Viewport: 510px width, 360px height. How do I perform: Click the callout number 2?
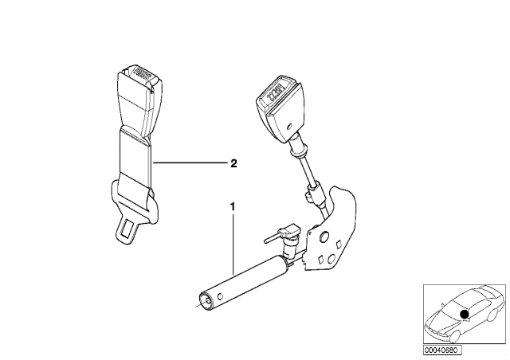(x=233, y=164)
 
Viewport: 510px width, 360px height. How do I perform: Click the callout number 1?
(x=233, y=207)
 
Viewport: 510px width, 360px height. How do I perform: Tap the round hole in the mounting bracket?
(x=324, y=236)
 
